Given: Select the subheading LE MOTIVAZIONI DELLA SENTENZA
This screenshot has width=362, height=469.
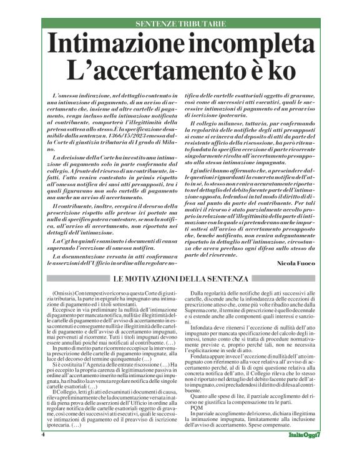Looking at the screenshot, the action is (x=180, y=277).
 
